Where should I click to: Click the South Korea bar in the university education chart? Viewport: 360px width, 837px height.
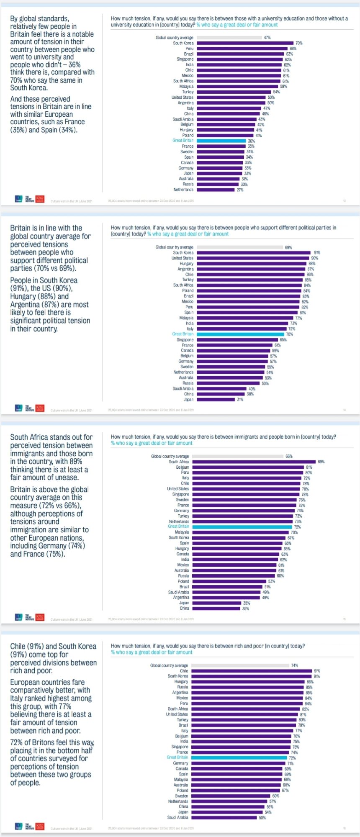pyautogui.click(x=245, y=43)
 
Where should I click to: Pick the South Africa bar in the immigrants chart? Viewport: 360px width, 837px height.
pyautogui.click(x=254, y=462)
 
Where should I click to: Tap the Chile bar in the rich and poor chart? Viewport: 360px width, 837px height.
pyautogui.click(x=252, y=671)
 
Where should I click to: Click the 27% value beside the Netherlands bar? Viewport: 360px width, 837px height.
pyautogui.click(x=240, y=190)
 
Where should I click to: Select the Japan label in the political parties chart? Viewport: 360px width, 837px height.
pyautogui.click(x=189, y=400)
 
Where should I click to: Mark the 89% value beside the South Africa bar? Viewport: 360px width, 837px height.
pyautogui.click(x=321, y=462)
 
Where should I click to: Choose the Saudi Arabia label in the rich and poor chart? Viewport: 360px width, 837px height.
pyautogui.click(x=178, y=817)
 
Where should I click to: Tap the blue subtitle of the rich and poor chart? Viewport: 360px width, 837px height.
pyautogui.click(x=152, y=652)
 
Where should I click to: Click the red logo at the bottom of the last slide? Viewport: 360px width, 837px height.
pyautogui.click(x=40, y=827)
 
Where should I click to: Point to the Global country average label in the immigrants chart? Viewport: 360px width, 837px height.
pyautogui.click(x=170, y=456)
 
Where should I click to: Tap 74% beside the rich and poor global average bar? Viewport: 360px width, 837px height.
pyautogui.click(x=295, y=665)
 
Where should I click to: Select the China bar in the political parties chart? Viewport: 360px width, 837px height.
pyautogui.click(x=221, y=394)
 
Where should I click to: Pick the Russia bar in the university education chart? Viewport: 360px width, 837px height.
pyautogui.click(x=218, y=184)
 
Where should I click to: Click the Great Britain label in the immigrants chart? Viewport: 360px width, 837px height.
pyautogui.click(x=178, y=526)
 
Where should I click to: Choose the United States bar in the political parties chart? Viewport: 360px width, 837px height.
pyautogui.click(x=253, y=258)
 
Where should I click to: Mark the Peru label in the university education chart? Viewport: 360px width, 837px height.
pyautogui.click(x=190, y=49)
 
